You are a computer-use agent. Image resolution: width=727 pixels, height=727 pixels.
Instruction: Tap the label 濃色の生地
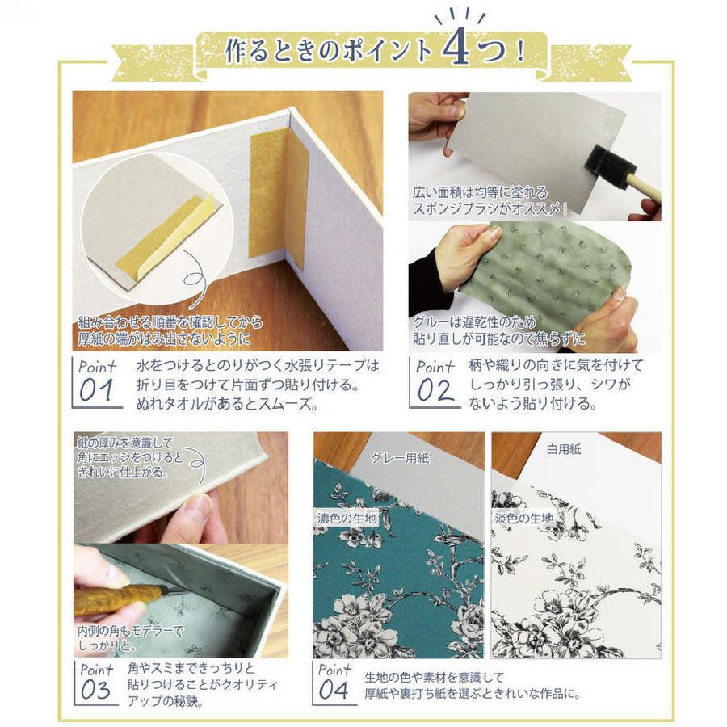point(347,518)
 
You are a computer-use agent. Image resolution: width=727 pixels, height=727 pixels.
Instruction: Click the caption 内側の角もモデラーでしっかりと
point(129,637)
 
